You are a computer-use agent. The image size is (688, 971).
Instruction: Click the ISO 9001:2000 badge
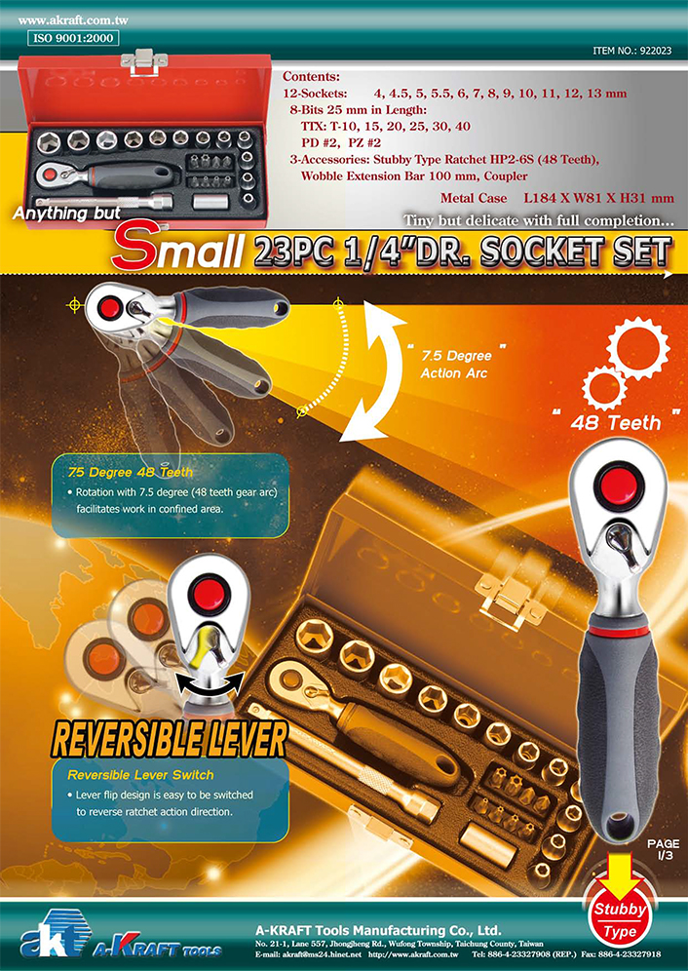(73, 38)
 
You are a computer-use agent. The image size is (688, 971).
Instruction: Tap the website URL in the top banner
(73, 20)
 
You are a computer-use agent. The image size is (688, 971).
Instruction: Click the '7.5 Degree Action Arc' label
(456, 365)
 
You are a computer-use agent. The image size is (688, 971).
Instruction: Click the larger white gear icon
(638, 348)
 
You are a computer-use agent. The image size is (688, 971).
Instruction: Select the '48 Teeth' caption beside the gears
(616, 423)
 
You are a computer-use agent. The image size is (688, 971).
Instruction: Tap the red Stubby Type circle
(620, 920)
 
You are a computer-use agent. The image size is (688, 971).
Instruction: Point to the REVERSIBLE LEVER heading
(170, 739)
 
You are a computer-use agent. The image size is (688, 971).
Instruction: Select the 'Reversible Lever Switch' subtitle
(140, 775)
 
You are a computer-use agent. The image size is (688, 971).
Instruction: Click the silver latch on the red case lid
(144, 62)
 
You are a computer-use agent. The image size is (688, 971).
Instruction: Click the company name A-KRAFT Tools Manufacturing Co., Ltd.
(378, 930)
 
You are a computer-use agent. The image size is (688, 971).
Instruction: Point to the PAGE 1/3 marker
(664, 849)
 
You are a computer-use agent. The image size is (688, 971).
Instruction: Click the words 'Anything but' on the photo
(67, 214)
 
